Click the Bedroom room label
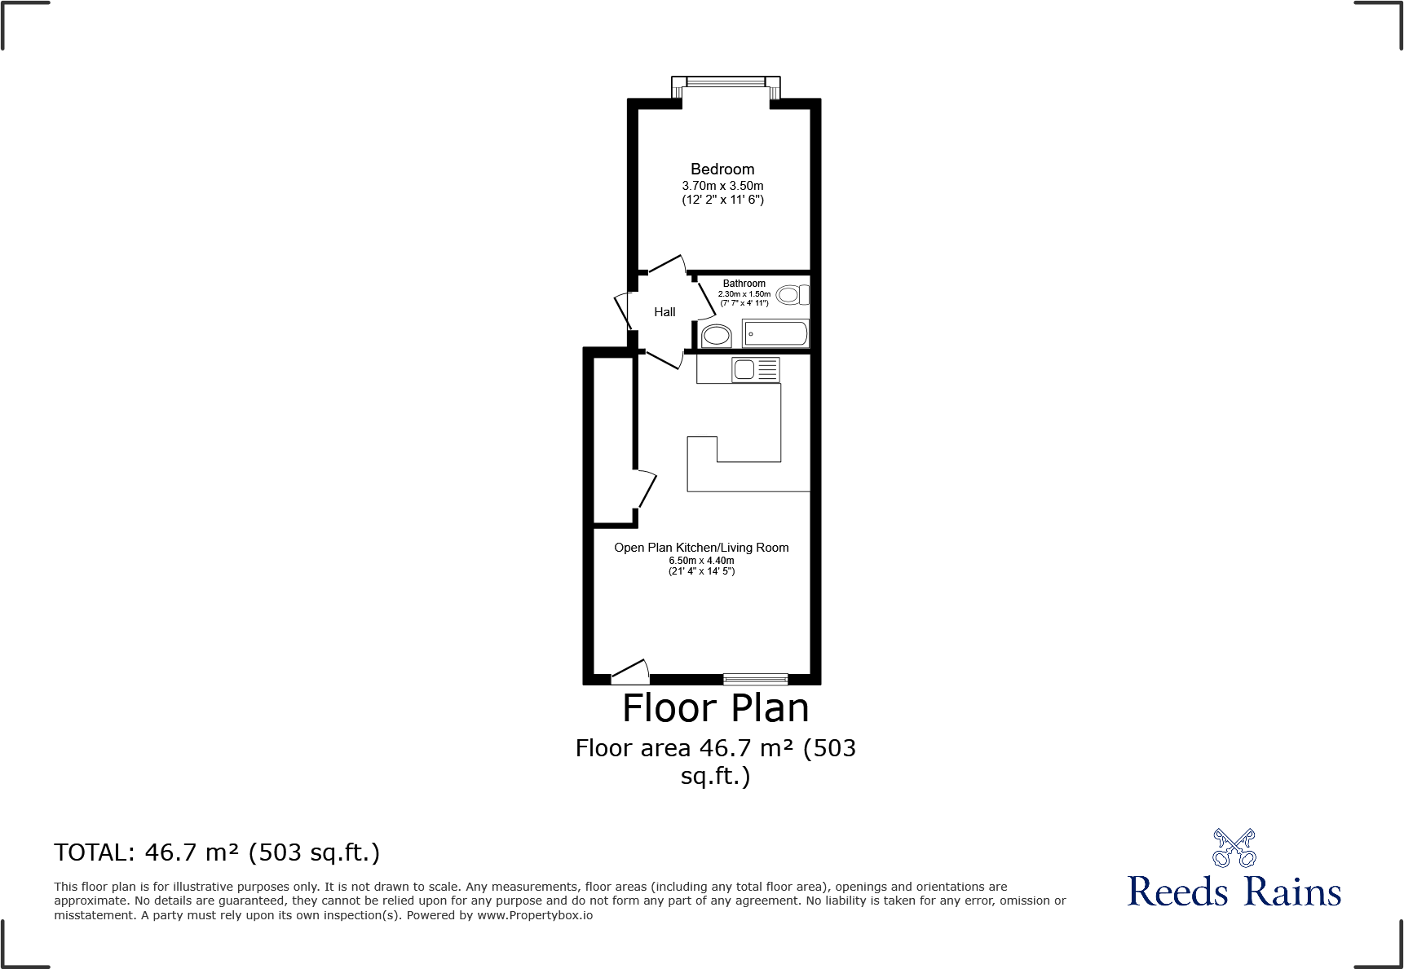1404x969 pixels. click(722, 170)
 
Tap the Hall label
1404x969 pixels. click(664, 312)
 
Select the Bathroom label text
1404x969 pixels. click(744, 284)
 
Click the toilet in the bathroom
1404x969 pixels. click(792, 294)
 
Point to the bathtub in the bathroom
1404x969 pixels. click(775, 333)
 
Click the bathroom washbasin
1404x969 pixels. click(717, 334)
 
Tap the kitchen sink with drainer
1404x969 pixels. click(756, 370)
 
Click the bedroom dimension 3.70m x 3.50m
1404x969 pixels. click(722, 186)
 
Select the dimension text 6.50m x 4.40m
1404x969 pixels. click(701, 561)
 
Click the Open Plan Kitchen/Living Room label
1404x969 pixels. click(701, 548)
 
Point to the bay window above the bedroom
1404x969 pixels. click(726, 83)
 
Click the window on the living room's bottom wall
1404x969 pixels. click(755, 679)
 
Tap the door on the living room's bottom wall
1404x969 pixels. click(630, 673)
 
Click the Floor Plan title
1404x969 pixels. click(715, 708)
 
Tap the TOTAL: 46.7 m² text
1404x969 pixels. click(217, 852)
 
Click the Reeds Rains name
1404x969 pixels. click(1234, 892)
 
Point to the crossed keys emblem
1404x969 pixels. click(1234, 848)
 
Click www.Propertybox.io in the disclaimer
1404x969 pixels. click(535, 915)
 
